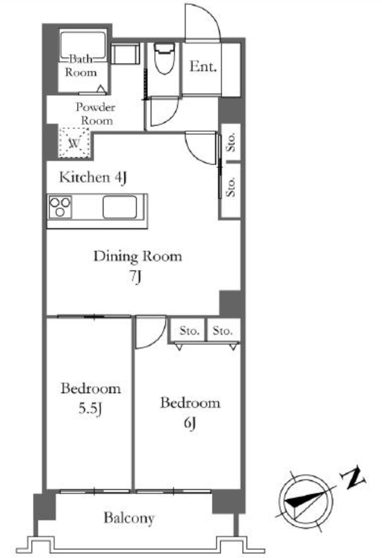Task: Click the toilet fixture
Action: tap(164, 58)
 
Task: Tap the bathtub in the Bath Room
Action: tap(83, 45)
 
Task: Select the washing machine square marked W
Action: tap(74, 142)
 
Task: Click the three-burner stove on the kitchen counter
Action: tap(60, 206)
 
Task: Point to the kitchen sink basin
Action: tap(119, 207)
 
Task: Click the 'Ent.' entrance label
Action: tap(203, 67)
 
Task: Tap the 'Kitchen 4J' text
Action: tap(93, 177)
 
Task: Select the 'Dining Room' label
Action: tap(138, 256)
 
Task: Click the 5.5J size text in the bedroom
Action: tap(90, 409)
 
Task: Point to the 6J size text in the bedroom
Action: tap(190, 423)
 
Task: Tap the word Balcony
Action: tap(129, 518)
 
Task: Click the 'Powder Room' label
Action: tap(95, 114)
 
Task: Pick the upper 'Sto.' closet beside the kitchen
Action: tap(231, 142)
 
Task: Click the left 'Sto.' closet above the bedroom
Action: tap(188, 330)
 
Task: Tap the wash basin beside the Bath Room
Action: tap(125, 54)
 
